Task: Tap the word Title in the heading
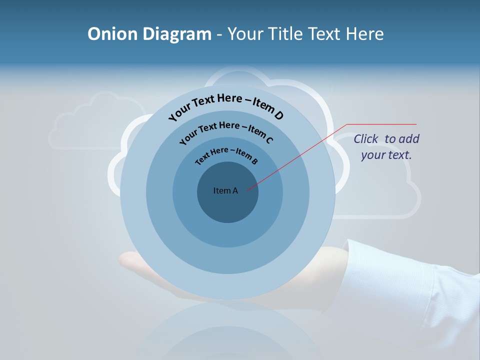click(284, 34)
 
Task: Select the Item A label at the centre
click(225, 190)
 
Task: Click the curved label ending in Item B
click(227, 155)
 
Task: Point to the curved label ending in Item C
click(226, 131)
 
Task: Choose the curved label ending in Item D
click(226, 106)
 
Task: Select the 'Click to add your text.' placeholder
click(386, 147)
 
